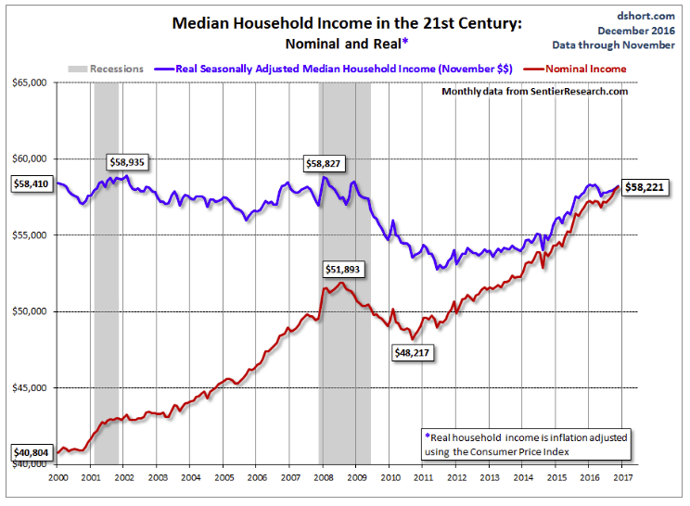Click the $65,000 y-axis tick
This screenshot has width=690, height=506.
tap(31, 83)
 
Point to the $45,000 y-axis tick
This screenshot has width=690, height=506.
tap(31, 387)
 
